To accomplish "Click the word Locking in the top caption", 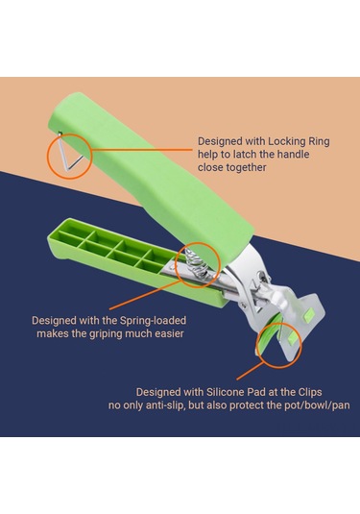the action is pyautogui.click(x=286, y=141).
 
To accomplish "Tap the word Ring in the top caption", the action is pyautogui.click(x=319, y=141).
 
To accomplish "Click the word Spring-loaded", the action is pyautogui.click(x=153, y=321).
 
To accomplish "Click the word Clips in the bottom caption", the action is pyautogui.click(x=310, y=392).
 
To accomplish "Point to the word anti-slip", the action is pyautogui.click(x=166, y=405).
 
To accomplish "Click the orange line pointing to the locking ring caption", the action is pyautogui.click(x=141, y=150).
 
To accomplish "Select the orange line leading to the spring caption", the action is pyautogui.click(x=145, y=295).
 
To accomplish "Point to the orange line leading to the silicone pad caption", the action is pyautogui.click(x=251, y=370).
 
